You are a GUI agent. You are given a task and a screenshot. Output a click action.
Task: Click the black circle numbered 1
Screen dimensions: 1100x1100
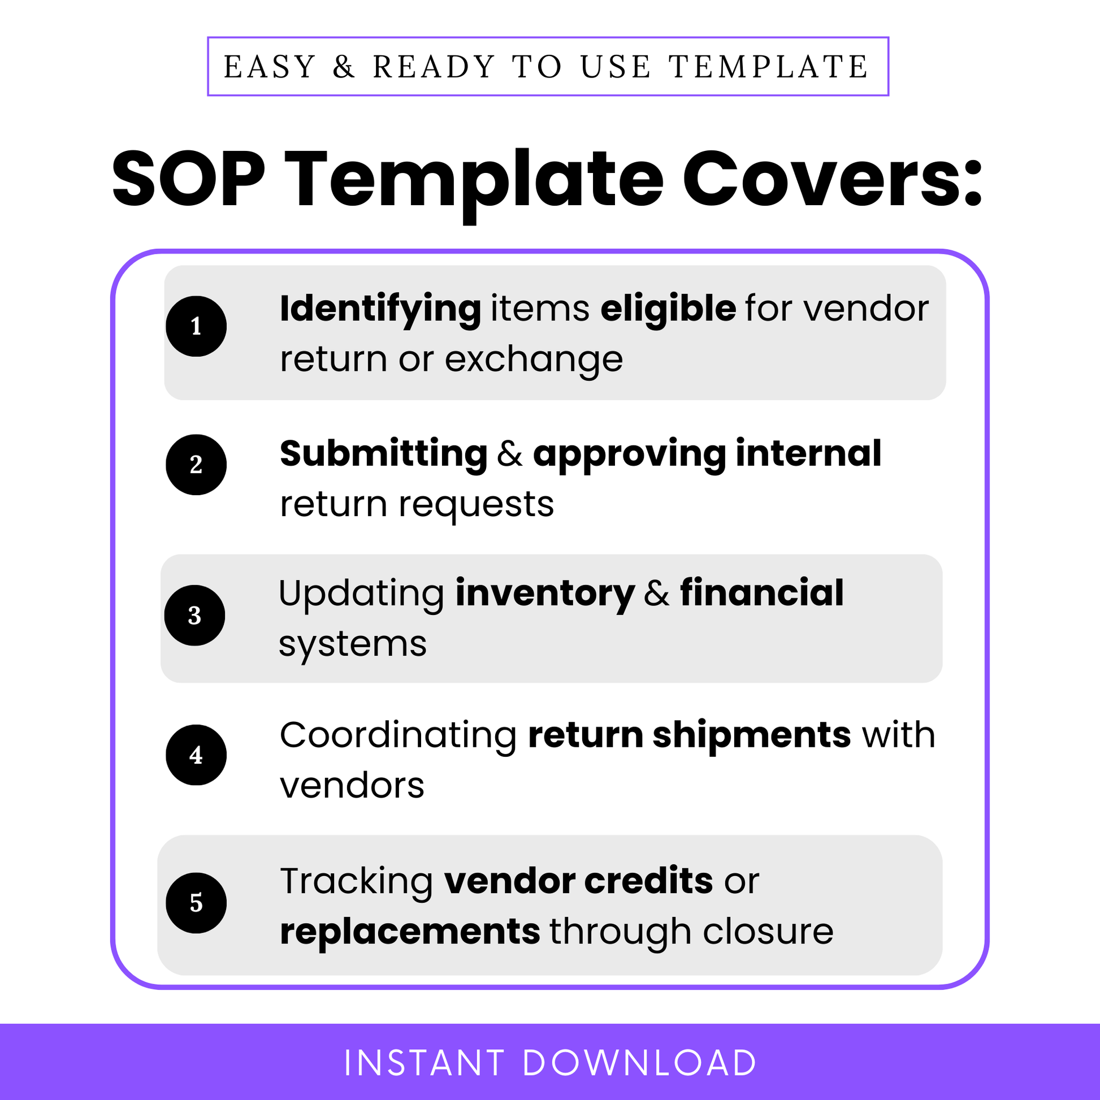click(x=196, y=326)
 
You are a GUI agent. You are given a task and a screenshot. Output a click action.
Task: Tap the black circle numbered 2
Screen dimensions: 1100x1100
click(x=196, y=465)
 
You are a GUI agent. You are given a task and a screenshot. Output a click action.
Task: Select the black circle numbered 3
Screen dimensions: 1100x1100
click(x=194, y=616)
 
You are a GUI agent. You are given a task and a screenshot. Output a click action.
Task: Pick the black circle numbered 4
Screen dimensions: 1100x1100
click(x=196, y=755)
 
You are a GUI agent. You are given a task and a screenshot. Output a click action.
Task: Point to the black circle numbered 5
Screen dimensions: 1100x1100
click(x=196, y=903)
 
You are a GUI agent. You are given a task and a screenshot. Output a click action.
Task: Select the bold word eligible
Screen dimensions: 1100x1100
click(x=668, y=309)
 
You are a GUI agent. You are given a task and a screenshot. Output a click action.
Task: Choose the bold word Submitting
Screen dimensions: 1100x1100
click(x=384, y=454)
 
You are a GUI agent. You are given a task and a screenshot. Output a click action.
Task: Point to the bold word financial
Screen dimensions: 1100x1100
click(x=762, y=593)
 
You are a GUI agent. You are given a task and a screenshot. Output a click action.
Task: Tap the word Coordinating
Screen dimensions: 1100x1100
click(x=399, y=735)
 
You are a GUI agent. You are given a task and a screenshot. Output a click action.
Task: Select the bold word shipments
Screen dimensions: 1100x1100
click(x=752, y=735)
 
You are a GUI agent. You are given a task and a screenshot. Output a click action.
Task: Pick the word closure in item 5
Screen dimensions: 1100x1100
click(x=768, y=933)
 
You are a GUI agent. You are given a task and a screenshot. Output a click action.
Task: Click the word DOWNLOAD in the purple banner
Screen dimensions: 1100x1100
click(x=639, y=1063)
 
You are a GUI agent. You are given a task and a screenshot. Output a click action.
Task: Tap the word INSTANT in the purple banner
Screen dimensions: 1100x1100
click(x=425, y=1063)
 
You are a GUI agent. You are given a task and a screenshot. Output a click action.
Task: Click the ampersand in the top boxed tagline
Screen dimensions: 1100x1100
click(x=344, y=67)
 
